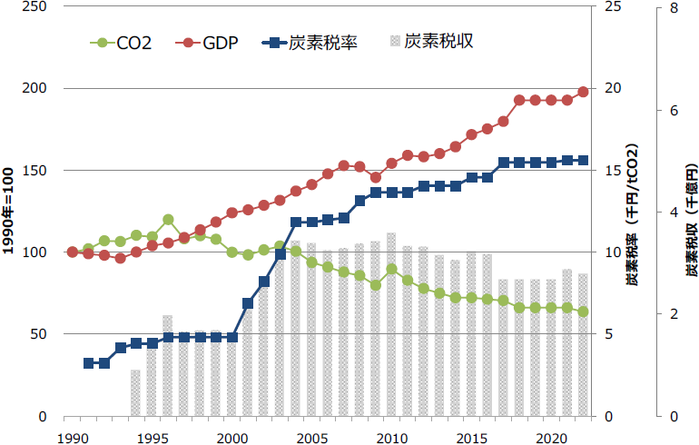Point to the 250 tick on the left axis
tap(38, 7)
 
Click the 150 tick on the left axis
tap(38, 171)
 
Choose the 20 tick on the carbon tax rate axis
tap(614, 89)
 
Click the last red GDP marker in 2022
tap(583, 92)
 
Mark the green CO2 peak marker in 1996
tap(168, 220)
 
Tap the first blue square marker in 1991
tap(89, 363)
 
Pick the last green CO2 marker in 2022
tap(583, 312)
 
